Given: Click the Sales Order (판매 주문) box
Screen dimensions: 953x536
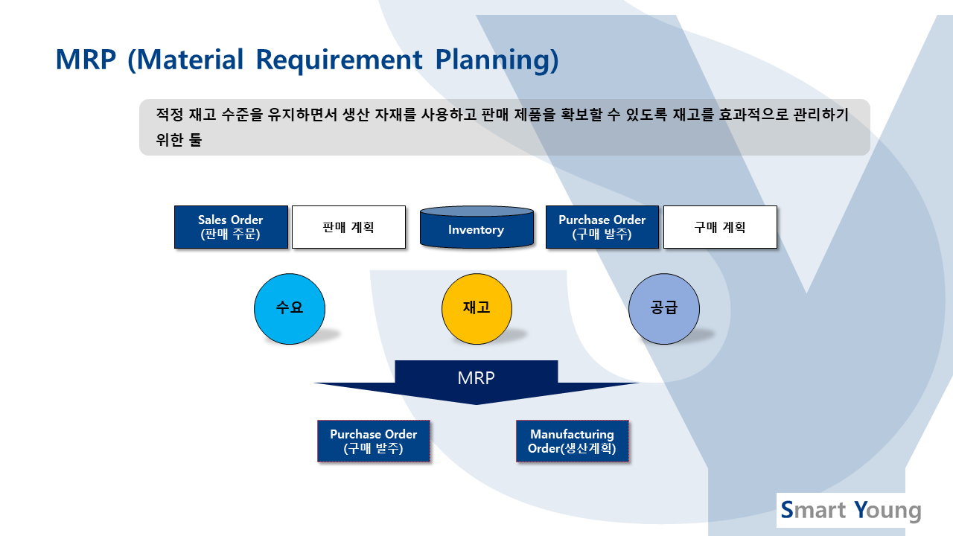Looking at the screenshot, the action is (231, 227).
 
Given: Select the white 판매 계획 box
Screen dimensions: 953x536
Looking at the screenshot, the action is (349, 227).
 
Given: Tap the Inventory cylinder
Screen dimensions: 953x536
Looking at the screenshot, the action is (477, 227).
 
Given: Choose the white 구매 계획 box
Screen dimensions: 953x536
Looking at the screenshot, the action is (720, 227).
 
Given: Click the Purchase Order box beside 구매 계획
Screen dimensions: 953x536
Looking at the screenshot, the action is (602, 227).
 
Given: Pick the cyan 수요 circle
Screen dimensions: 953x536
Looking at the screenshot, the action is (290, 309).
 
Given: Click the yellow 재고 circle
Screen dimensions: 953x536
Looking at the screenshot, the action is (477, 309).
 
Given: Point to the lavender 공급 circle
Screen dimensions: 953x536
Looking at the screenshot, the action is (664, 309).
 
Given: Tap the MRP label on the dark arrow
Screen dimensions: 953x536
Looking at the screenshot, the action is (476, 378).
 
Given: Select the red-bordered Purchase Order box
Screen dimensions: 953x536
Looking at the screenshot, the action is (374, 441).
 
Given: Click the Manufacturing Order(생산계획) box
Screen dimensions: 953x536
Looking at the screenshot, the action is (573, 441).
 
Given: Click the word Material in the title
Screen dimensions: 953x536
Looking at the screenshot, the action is (191, 60).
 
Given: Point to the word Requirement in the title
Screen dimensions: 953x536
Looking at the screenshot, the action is (339, 60).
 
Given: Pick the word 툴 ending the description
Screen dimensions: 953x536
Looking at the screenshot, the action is (196, 139).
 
